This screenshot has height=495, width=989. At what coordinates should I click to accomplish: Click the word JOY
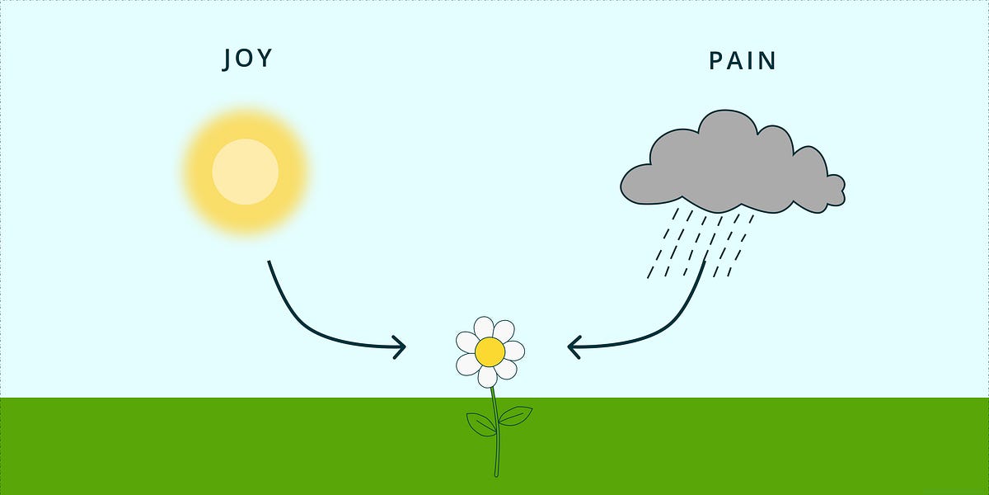[247, 59]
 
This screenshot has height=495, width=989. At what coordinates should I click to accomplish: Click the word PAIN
[743, 61]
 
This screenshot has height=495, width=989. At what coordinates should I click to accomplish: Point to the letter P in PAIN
[716, 61]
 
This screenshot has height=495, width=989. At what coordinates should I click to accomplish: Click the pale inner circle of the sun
[245, 172]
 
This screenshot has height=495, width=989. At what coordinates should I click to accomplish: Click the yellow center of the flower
[490, 352]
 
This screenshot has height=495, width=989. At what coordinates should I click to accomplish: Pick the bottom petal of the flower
[488, 377]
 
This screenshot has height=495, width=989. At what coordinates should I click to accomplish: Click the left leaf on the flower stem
[481, 424]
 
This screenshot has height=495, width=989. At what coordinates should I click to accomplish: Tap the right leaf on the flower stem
[515, 416]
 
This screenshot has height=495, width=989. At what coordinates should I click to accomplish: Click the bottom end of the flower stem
[496, 474]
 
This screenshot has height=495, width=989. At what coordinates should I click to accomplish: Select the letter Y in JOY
[266, 59]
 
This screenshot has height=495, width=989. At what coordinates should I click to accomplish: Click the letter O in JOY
[246, 59]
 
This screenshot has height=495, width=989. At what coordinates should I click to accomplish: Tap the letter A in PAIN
[735, 61]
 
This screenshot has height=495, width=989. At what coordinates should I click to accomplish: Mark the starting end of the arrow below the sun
[270, 263]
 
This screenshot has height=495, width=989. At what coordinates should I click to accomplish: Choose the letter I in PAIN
[752, 61]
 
